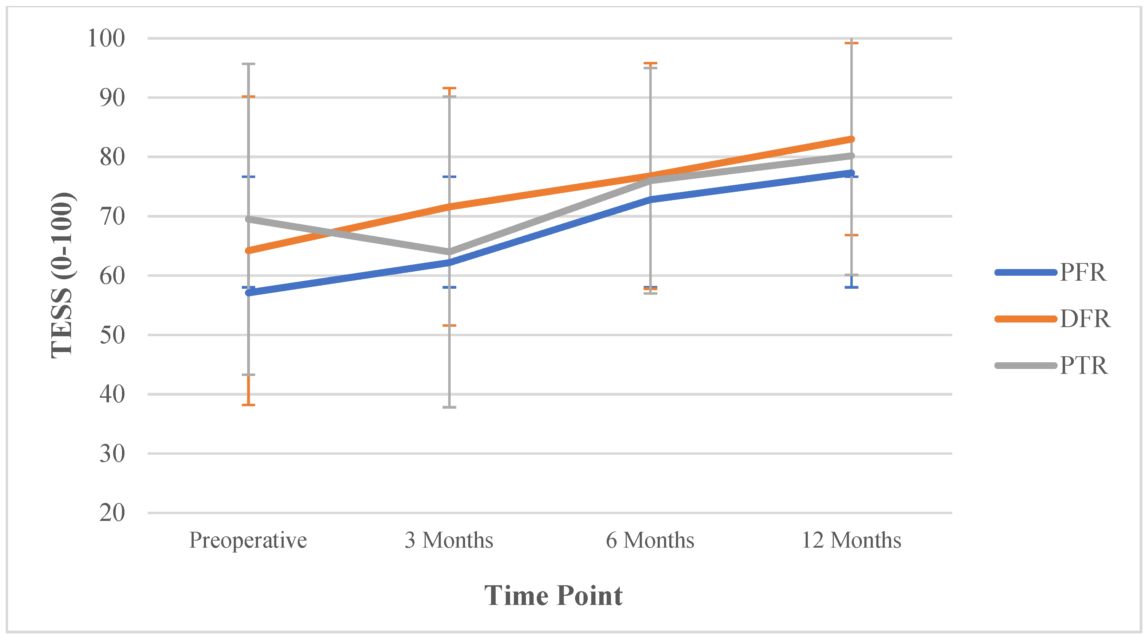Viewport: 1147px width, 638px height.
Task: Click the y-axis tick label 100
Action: click(106, 38)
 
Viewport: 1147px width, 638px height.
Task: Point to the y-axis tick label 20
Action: click(112, 513)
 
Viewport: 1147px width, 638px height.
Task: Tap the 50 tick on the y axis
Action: click(112, 335)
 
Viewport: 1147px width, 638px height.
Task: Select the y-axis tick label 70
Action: click(112, 217)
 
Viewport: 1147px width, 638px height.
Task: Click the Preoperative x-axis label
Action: click(248, 540)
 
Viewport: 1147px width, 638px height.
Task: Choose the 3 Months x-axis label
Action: click(449, 540)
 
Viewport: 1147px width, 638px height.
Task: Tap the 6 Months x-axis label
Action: click(650, 540)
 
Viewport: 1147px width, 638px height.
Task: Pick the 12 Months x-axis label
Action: click(851, 540)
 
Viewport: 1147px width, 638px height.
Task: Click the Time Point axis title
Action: click(553, 596)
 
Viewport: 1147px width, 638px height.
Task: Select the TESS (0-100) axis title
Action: click(62, 275)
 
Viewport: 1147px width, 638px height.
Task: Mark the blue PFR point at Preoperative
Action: click(249, 293)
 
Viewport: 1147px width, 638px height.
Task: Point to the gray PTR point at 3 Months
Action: click(449, 252)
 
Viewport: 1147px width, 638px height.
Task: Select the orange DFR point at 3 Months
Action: click(449, 206)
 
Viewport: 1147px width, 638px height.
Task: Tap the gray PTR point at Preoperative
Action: click(249, 219)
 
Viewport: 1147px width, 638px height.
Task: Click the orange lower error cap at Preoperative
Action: click(249, 404)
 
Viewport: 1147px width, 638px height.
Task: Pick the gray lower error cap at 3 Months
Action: click(449, 407)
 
